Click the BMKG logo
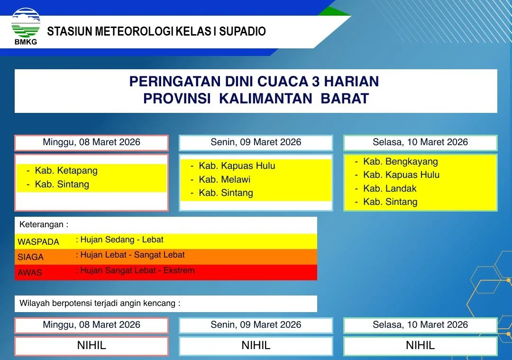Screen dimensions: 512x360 click(x=26, y=26)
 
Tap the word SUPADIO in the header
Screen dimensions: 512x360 click(x=242, y=31)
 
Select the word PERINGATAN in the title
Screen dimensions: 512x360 click(x=174, y=81)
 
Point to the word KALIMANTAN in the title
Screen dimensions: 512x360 click(x=266, y=99)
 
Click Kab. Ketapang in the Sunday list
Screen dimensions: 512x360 click(x=66, y=171)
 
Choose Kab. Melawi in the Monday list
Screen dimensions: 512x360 click(x=225, y=179)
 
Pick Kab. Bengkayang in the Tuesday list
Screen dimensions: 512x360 click(x=401, y=162)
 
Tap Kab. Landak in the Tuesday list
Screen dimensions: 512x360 click(x=390, y=188)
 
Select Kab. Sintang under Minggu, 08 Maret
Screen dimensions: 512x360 click(x=62, y=184)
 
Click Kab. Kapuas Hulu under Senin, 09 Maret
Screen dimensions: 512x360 click(x=237, y=166)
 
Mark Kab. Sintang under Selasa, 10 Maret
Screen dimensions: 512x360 click(x=390, y=202)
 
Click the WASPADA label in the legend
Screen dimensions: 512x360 click(x=38, y=242)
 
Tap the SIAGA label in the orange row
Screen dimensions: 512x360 click(x=30, y=257)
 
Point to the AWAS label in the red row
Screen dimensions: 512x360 click(x=30, y=272)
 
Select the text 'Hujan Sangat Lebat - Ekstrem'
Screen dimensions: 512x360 click(x=137, y=270)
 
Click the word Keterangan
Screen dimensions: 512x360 click(x=41, y=224)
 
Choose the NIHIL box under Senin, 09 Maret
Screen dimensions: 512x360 click(x=256, y=345)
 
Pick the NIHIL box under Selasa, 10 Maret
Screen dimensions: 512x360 click(x=420, y=345)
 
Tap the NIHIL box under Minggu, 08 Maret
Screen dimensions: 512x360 click(x=91, y=345)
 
